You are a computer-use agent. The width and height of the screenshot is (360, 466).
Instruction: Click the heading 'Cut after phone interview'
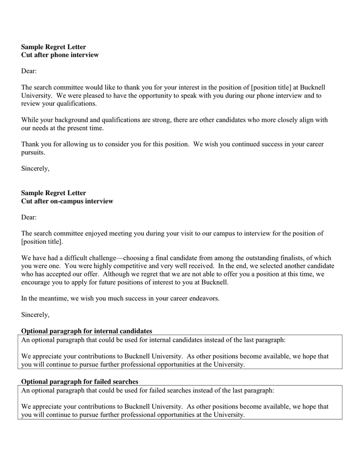59,55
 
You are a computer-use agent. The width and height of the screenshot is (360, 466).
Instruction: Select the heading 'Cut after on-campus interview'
67,201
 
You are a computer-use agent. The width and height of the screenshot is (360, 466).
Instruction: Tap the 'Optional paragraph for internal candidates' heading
86,331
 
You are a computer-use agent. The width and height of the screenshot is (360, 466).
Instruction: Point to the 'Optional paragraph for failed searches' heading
79,382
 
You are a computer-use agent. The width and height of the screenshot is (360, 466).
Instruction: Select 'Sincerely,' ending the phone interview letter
35,168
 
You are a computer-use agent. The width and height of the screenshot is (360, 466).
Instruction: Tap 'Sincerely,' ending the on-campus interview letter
35,314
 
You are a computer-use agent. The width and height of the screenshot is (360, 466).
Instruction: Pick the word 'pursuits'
33,153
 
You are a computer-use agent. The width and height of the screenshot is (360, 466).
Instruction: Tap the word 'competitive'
129,266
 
